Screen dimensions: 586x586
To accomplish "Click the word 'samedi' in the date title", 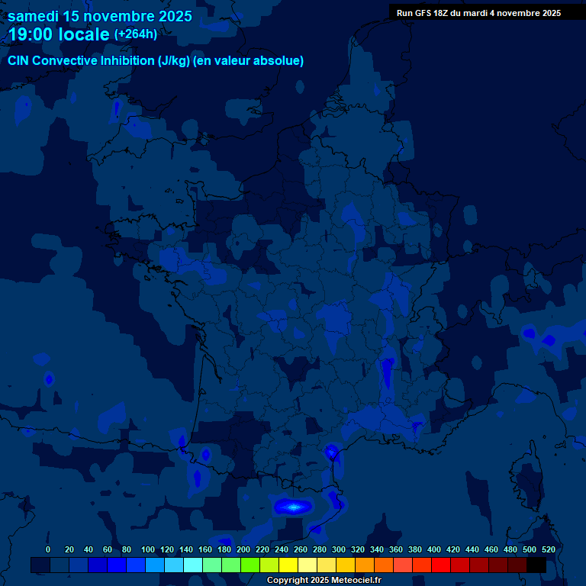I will pos(33,16).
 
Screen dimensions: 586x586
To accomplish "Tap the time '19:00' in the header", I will pos(35,35).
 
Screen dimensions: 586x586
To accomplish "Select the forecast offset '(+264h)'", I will pos(135,34).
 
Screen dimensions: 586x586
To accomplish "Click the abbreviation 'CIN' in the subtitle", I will pos(19,61).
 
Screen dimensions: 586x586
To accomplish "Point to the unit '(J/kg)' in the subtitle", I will pos(174,61).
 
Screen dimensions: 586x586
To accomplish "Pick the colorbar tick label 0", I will pos(48,549).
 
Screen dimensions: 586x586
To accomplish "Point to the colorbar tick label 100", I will pos(148,549).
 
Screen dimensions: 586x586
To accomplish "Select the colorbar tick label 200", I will pos(243,549).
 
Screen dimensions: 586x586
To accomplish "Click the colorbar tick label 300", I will pos(339,549).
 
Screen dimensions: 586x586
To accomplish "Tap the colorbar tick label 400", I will pos(434,549).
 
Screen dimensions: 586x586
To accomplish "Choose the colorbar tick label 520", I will pos(548,549).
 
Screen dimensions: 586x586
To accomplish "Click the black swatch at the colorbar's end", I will pos(536,565).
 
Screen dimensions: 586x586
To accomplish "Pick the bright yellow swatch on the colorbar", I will pos(288,565).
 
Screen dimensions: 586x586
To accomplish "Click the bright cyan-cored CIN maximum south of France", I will pos(292,506).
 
